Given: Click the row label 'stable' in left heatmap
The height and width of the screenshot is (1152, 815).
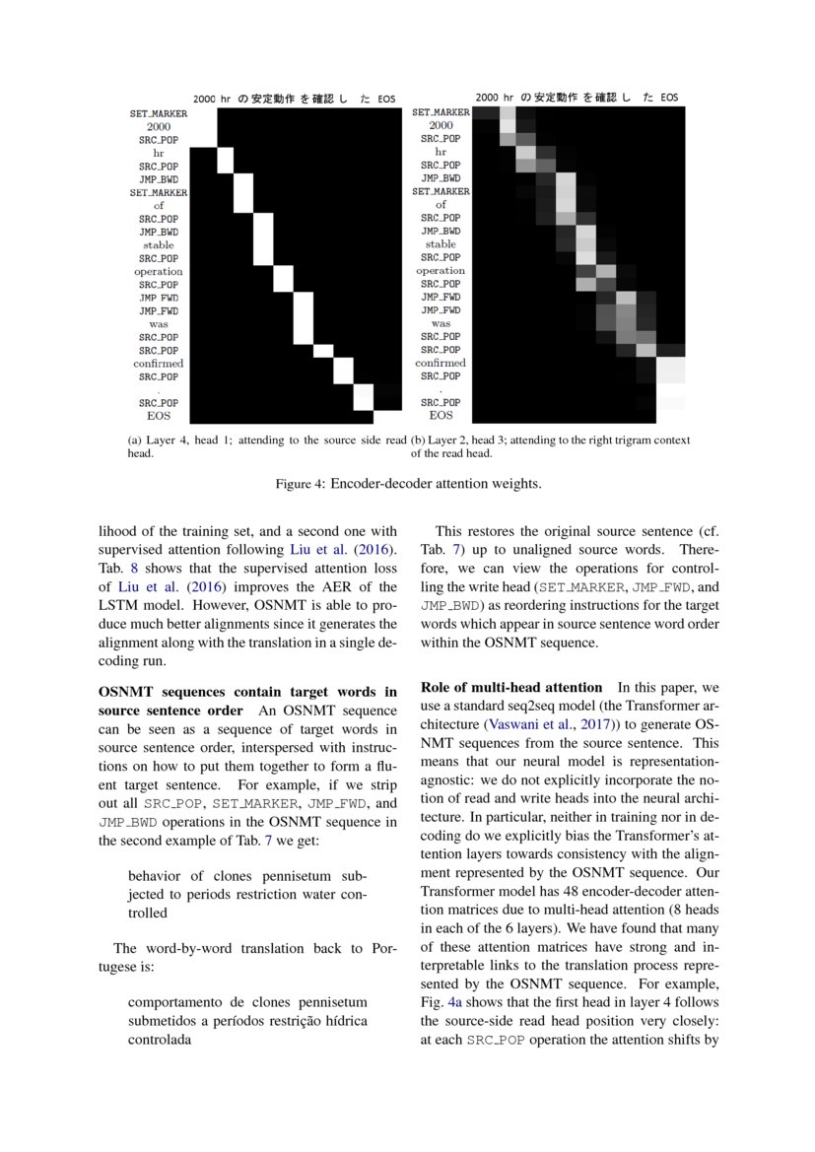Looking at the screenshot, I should [x=159, y=244].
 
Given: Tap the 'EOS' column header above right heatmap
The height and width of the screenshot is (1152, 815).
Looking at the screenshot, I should [x=669, y=98].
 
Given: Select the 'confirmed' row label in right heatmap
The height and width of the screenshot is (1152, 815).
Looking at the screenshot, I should [x=441, y=363].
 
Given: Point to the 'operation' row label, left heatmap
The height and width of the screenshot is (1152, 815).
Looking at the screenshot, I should [x=159, y=271].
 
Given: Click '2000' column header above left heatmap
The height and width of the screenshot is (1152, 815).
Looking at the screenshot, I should [x=204, y=100].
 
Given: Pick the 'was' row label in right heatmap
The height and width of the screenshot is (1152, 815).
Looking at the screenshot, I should [x=441, y=323].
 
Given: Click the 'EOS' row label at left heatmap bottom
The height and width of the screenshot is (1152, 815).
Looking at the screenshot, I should [x=159, y=416].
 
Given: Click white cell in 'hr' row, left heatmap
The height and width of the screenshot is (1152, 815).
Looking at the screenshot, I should [x=225, y=159].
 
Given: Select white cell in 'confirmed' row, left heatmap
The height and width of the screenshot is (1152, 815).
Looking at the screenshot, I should [x=343, y=370].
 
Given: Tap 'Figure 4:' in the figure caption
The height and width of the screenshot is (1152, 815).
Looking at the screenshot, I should [x=300, y=484].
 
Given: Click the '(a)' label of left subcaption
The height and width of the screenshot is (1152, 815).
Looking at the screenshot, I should [x=135, y=440].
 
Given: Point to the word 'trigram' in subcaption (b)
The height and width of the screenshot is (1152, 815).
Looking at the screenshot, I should [x=618, y=440].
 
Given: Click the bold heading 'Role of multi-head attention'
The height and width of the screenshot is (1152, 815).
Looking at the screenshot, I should [x=510, y=687].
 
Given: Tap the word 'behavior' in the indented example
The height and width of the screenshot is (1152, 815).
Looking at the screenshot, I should [x=154, y=875].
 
